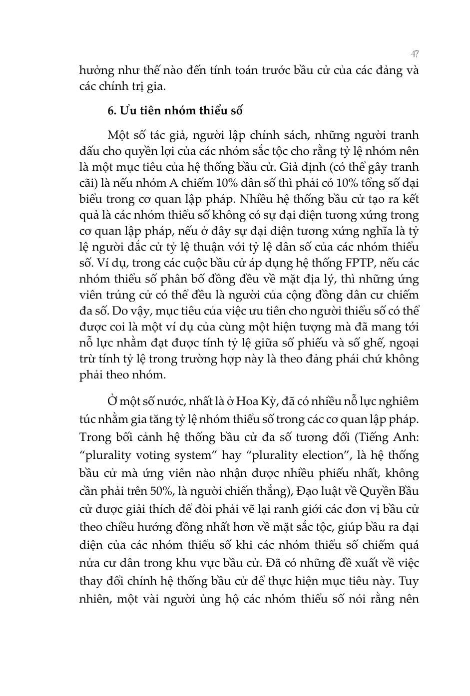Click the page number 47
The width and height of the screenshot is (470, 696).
[x=414, y=53]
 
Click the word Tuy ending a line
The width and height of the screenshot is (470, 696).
[x=410, y=581]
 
